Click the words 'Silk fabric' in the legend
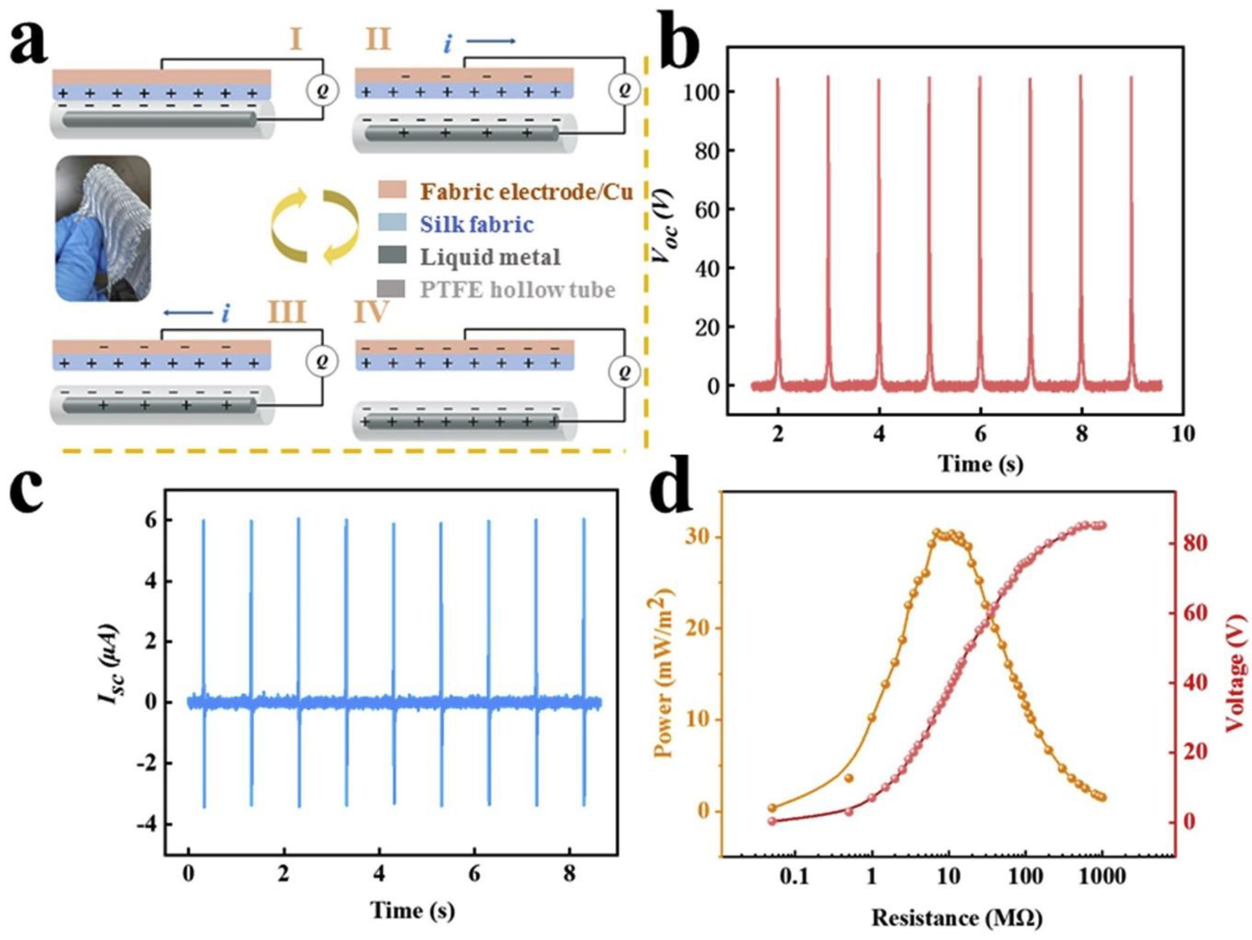(x=477, y=225)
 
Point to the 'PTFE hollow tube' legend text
(x=517, y=290)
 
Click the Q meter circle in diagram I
(x=322, y=90)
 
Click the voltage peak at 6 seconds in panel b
(x=980, y=79)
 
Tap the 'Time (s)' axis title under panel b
(x=981, y=464)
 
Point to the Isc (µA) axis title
(x=109, y=672)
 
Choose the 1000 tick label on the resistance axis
(x=1101, y=877)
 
